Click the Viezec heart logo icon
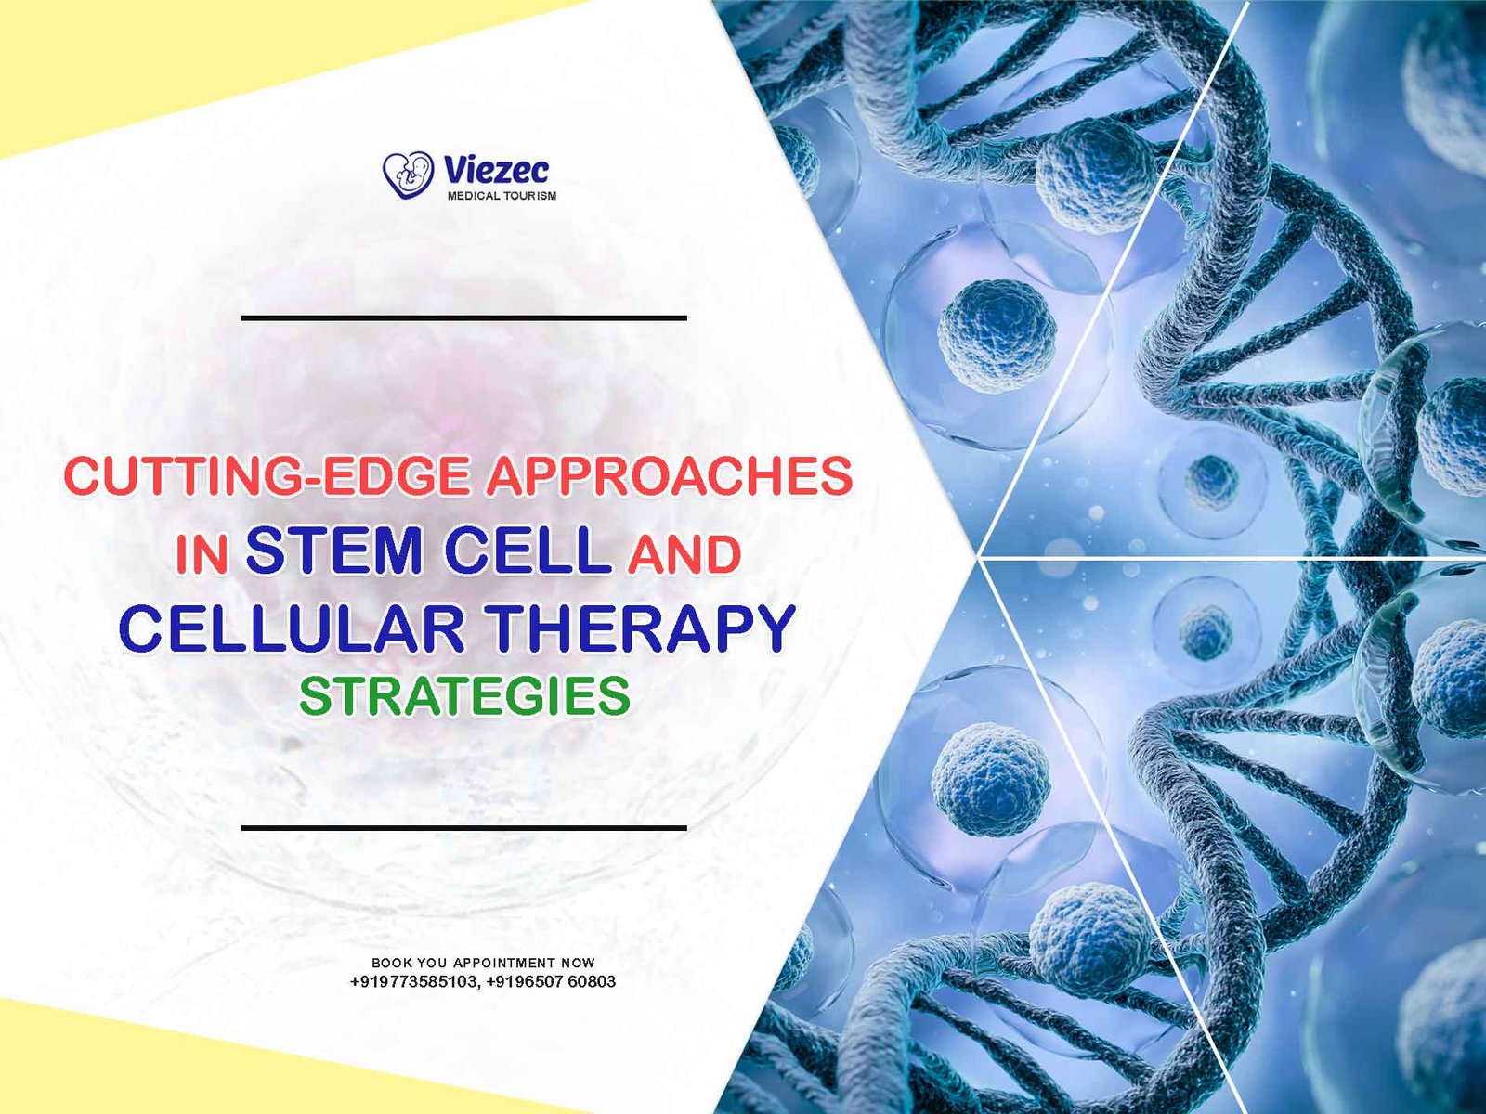408,175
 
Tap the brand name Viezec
496,169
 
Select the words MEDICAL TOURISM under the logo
502,196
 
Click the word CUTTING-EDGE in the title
267,475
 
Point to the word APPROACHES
670,475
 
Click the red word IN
201,554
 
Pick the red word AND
684,554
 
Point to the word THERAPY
641,628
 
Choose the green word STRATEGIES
465,696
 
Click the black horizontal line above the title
464,317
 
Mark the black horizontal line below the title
464,827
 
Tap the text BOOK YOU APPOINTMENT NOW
483,963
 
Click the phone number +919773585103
413,981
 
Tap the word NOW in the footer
579,963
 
